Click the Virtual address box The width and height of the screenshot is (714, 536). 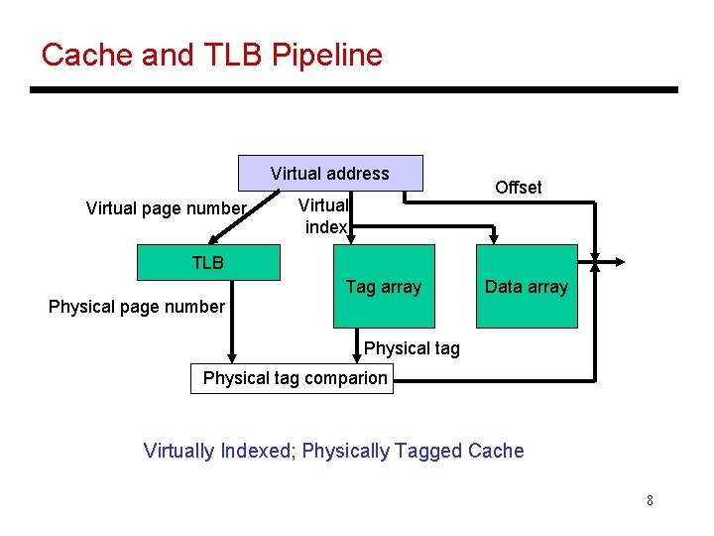click(329, 174)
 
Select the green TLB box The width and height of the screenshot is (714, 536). click(208, 263)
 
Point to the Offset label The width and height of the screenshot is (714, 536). click(518, 188)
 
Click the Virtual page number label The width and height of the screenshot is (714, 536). click(166, 208)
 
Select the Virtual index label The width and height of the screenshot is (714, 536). click(325, 216)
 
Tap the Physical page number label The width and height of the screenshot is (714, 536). click(136, 307)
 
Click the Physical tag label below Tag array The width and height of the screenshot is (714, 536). click(412, 348)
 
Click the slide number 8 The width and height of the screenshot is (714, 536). click(650, 500)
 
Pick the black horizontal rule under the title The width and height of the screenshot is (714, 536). click(354, 90)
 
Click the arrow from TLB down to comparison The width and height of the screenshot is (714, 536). click(231, 328)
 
